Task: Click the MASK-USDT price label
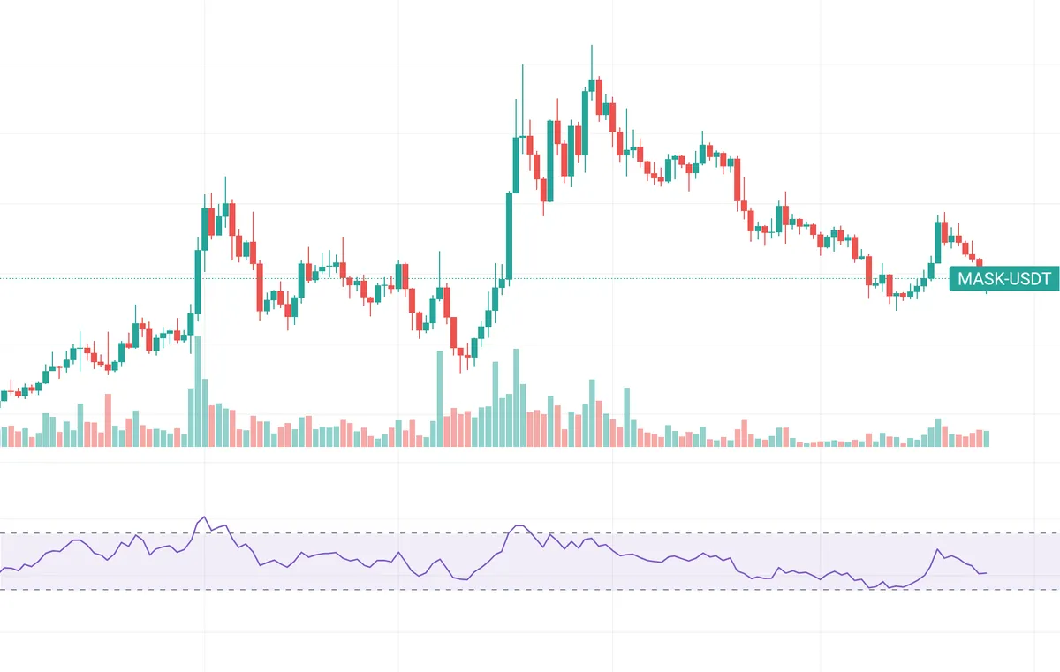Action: [1003, 280]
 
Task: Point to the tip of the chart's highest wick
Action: [591, 45]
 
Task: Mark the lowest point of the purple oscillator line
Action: [872, 588]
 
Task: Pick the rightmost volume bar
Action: [986, 438]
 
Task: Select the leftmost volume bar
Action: [3, 436]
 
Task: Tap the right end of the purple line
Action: [987, 573]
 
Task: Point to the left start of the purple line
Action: [2, 570]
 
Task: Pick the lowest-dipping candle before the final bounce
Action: [896, 297]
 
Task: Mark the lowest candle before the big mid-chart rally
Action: [460, 351]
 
